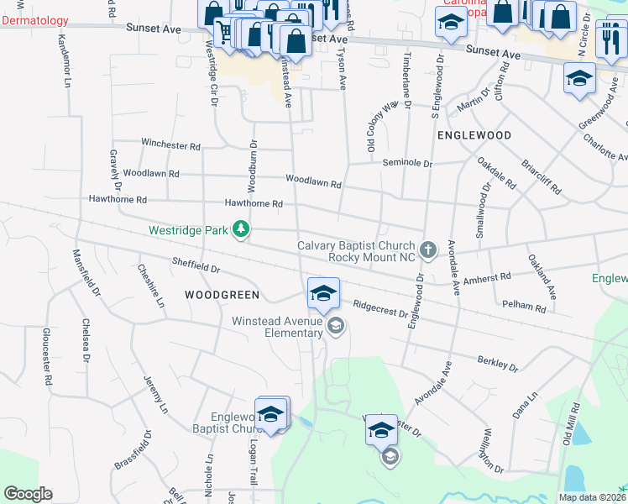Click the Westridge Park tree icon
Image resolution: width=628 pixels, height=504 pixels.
click(x=241, y=229)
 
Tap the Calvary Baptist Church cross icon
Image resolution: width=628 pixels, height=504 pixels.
click(x=428, y=249)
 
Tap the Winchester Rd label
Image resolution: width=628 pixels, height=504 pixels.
click(x=170, y=144)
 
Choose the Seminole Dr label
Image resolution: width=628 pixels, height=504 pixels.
click(x=406, y=163)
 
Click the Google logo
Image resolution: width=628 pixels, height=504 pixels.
click(x=27, y=494)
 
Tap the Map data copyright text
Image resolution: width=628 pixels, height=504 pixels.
click(x=592, y=497)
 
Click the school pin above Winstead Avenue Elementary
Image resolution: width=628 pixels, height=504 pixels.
click(x=323, y=294)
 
